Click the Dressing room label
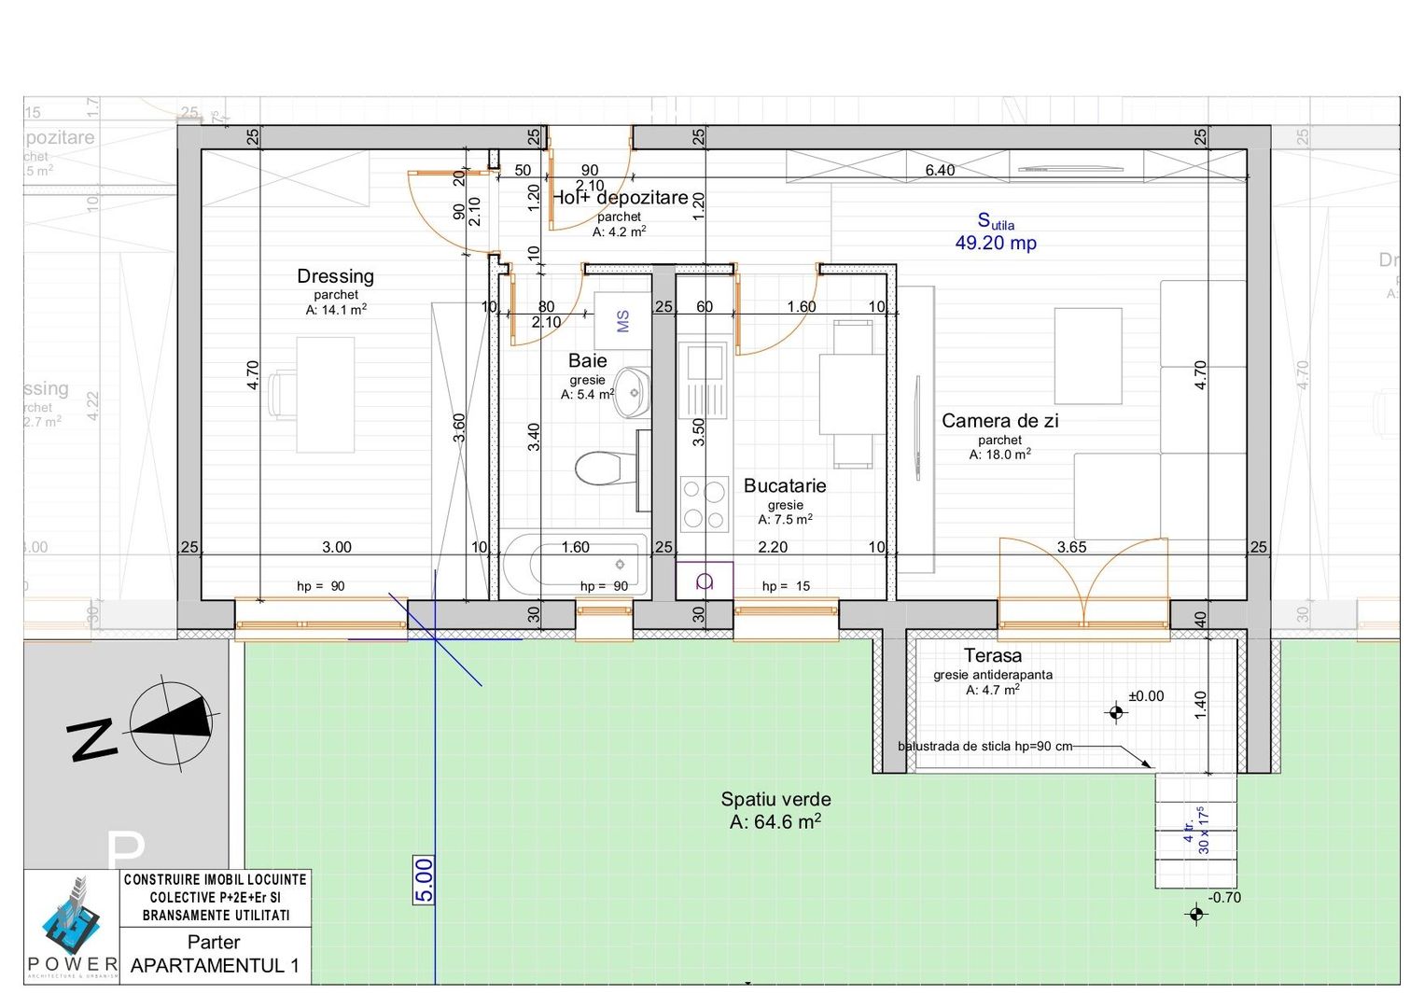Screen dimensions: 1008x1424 (x=335, y=276)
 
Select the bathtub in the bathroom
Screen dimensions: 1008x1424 (x=575, y=566)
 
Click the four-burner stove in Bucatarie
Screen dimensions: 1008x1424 (x=704, y=504)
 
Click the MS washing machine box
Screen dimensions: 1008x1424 (x=622, y=321)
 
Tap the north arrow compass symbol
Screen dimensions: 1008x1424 (x=172, y=723)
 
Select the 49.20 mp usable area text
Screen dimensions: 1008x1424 (x=995, y=243)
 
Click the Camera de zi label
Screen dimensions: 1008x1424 (x=999, y=421)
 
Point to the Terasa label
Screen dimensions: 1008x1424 (x=992, y=656)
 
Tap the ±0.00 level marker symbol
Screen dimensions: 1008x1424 (x=1116, y=714)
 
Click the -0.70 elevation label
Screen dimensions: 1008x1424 (x=1224, y=898)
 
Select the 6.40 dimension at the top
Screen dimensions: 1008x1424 (x=940, y=170)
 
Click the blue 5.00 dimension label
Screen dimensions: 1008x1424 (x=424, y=880)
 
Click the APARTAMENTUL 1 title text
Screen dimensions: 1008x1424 (x=215, y=966)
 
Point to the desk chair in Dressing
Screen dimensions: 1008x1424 (x=281, y=394)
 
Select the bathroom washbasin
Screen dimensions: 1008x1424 (x=634, y=392)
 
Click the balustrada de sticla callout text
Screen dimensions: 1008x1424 (x=984, y=747)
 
